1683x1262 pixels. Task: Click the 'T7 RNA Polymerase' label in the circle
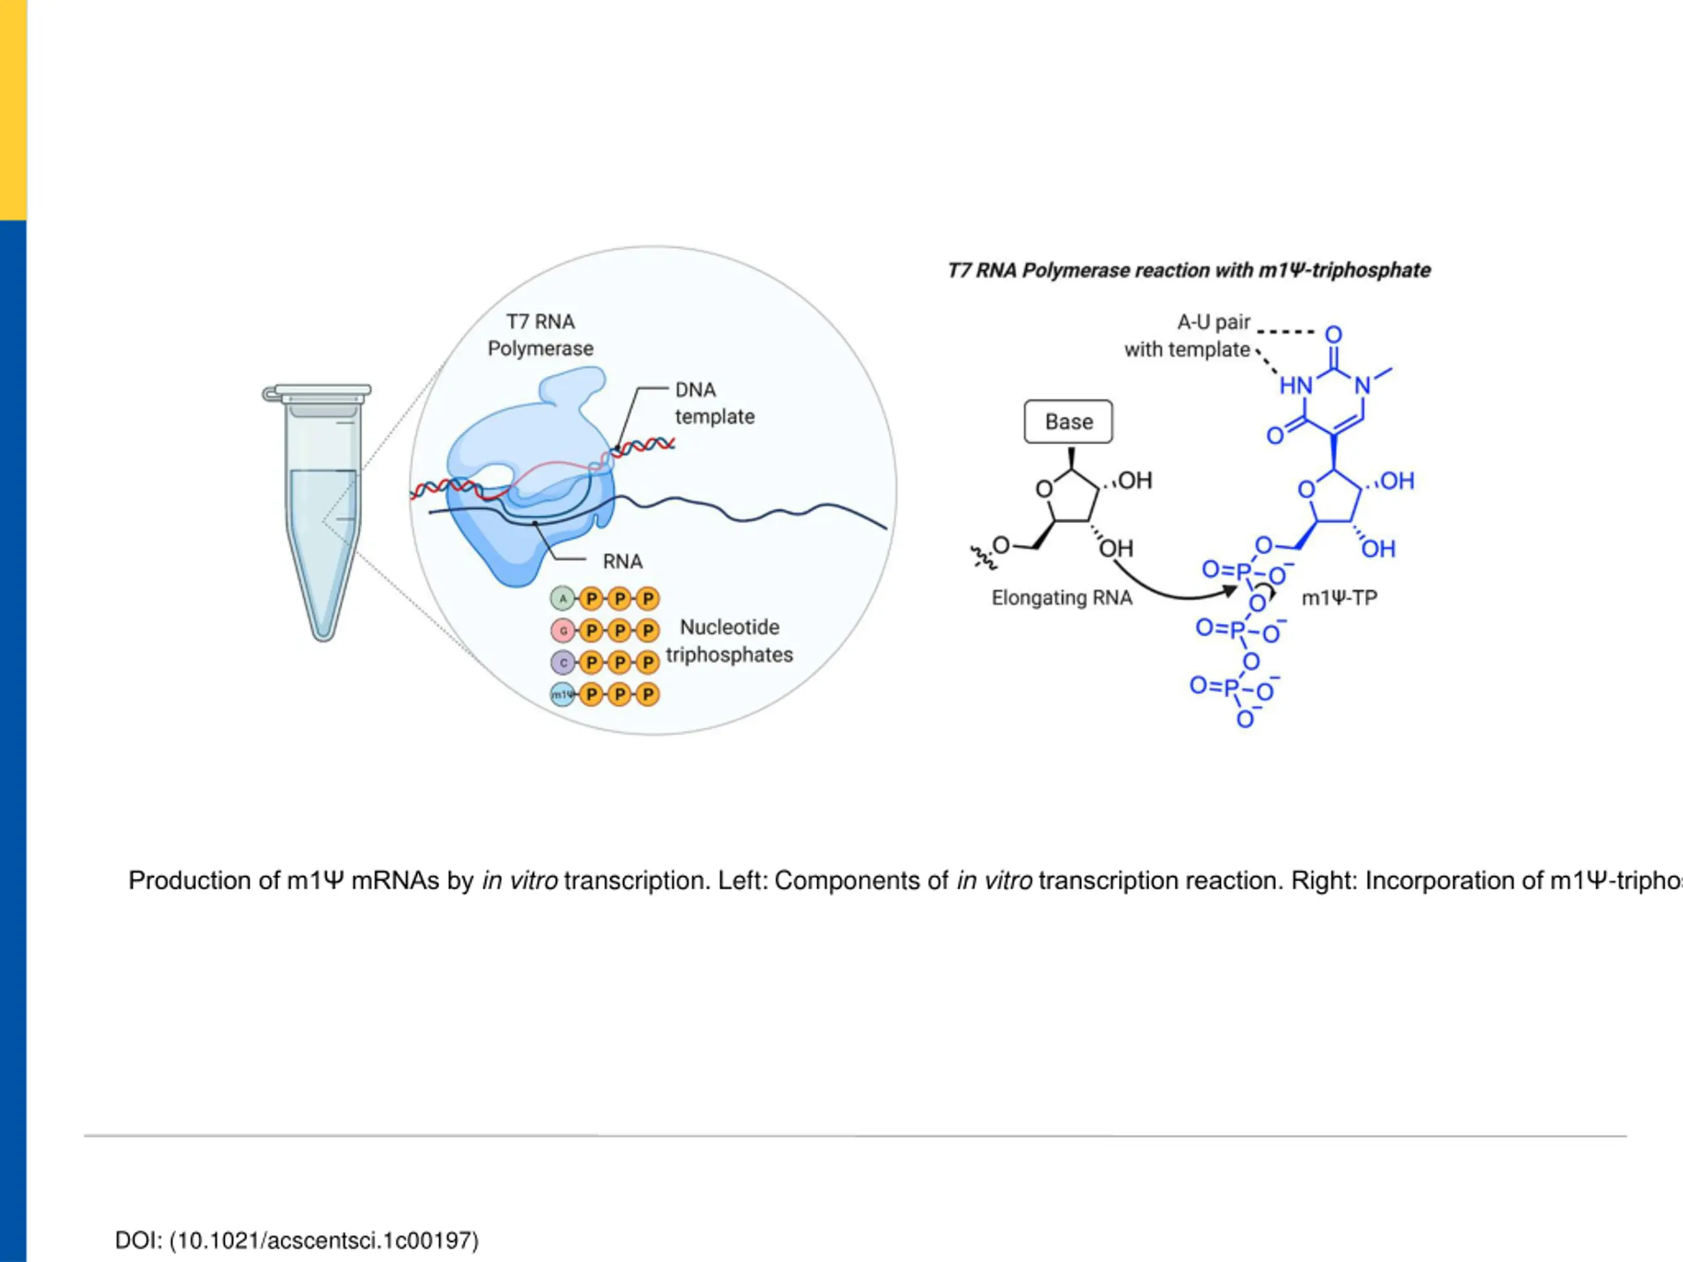tap(540, 335)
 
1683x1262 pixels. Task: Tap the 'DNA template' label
tap(715, 403)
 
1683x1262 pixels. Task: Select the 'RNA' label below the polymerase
tap(623, 561)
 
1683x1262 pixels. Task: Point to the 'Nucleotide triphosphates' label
tap(729, 640)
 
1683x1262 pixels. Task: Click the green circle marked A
tap(563, 599)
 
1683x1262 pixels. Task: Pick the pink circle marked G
tap(563, 630)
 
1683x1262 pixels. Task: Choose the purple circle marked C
tap(563, 663)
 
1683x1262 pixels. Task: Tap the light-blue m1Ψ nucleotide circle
tap(562, 695)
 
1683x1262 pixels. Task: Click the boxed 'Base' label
tap(1068, 421)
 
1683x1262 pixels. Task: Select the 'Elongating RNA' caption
tap(1061, 598)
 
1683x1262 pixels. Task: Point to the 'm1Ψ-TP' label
tap(1339, 598)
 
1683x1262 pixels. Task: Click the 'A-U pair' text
tap(1214, 323)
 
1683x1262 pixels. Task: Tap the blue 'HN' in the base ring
tap(1296, 386)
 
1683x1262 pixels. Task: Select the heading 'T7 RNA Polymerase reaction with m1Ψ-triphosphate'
tap(1189, 271)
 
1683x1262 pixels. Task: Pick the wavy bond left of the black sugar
tap(982, 558)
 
